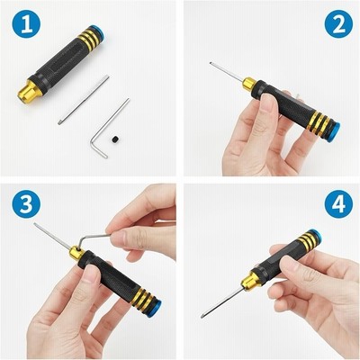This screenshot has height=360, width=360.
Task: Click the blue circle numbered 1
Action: click(26, 23)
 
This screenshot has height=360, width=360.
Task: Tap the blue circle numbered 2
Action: click(338, 23)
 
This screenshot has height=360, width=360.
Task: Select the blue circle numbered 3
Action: click(26, 203)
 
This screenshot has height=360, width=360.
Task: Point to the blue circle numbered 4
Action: click(338, 203)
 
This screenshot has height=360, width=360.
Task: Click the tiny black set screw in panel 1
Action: click(116, 139)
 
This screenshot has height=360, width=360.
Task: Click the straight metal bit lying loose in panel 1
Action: click(84, 100)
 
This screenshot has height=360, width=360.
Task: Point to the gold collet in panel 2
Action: click(249, 84)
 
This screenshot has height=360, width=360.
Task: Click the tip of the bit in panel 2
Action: click(211, 63)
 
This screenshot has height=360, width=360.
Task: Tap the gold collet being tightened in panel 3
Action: click(76, 253)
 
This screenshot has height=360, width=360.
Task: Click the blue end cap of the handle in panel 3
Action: click(156, 306)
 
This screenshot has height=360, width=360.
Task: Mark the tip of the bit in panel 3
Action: click(35, 224)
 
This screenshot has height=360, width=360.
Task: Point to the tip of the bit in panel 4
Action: click(202, 316)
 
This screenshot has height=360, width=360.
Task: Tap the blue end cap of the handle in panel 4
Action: click(315, 236)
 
